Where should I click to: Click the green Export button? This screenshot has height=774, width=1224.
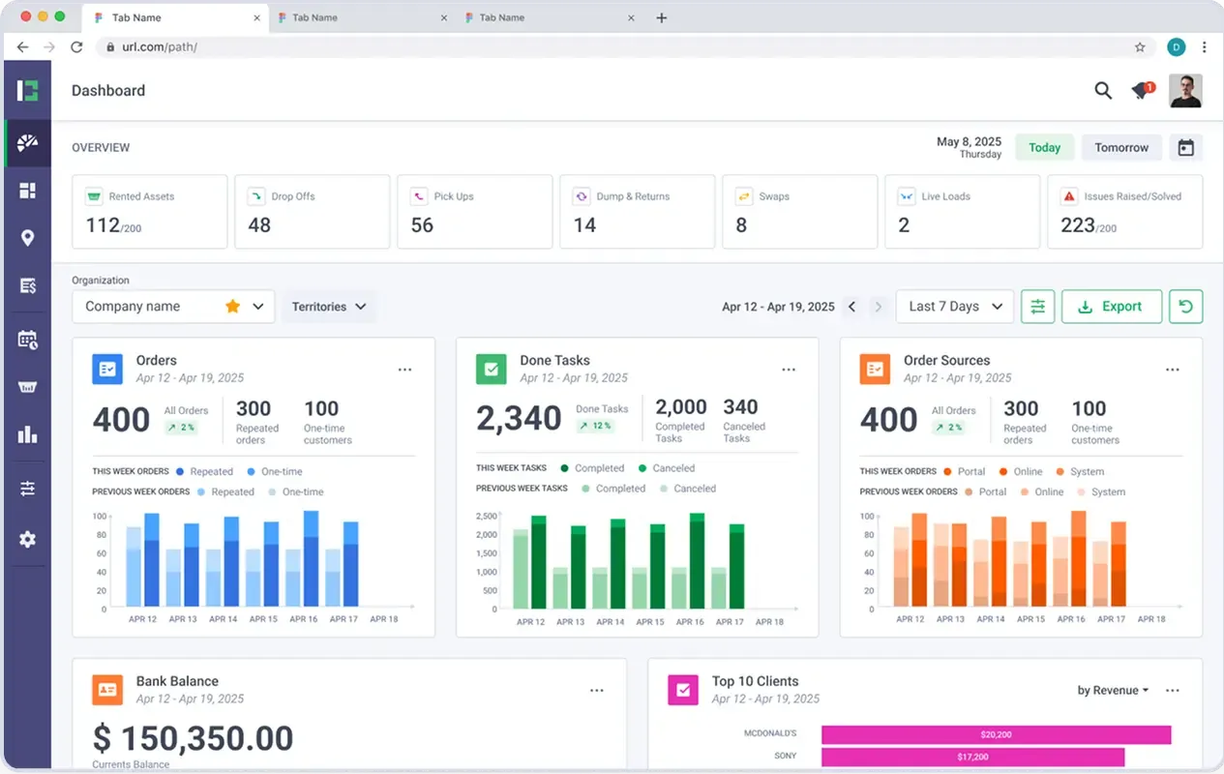(x=1111, y=307)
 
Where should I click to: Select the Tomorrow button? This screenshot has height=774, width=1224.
(x=1121, y=148)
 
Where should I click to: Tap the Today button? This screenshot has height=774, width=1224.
(x=1044, y=148)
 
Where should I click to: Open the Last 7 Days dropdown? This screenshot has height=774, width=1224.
(x=954, y=307)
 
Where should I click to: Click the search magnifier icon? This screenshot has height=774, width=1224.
(x=1103, y=91)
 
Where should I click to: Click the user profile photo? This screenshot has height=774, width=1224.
(x=1185, y=91)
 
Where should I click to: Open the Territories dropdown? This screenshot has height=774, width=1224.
(x=329, y=307)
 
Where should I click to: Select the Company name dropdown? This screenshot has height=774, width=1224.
(x=173, y=307)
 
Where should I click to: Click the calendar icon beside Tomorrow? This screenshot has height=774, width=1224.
(x=1186, y=148)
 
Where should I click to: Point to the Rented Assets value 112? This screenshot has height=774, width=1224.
(x=103, y=225)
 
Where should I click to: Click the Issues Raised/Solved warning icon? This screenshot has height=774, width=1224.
(x=1069, y=196)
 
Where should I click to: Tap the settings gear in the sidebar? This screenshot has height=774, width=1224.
(x=27, y=539)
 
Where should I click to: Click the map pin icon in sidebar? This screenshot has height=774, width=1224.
(x=27, y=239)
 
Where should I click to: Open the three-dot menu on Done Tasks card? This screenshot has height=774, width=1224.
(x=789, y=370)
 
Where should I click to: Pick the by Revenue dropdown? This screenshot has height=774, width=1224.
(x=1113, y=691)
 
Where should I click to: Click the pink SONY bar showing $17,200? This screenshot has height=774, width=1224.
(x=972, y=757)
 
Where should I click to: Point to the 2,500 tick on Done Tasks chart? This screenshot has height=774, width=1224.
(x=486, y=516)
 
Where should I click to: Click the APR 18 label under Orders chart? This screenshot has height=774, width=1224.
(x=384, y=619)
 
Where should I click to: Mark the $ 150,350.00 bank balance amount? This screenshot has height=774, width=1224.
(x=193, y=738)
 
